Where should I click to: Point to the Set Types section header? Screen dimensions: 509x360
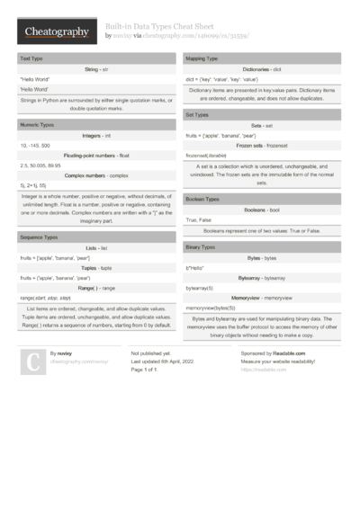tap(199, 115)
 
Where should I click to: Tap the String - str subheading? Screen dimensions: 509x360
tap(97, 68)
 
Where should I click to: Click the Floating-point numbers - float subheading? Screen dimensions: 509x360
tap(97, 155)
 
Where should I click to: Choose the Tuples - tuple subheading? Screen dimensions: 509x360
tap(97, 268)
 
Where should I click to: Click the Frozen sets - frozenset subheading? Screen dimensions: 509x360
tap(261, 146)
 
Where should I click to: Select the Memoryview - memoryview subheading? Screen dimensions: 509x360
tap(261, 297)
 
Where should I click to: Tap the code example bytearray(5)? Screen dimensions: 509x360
tap(199, 288)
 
